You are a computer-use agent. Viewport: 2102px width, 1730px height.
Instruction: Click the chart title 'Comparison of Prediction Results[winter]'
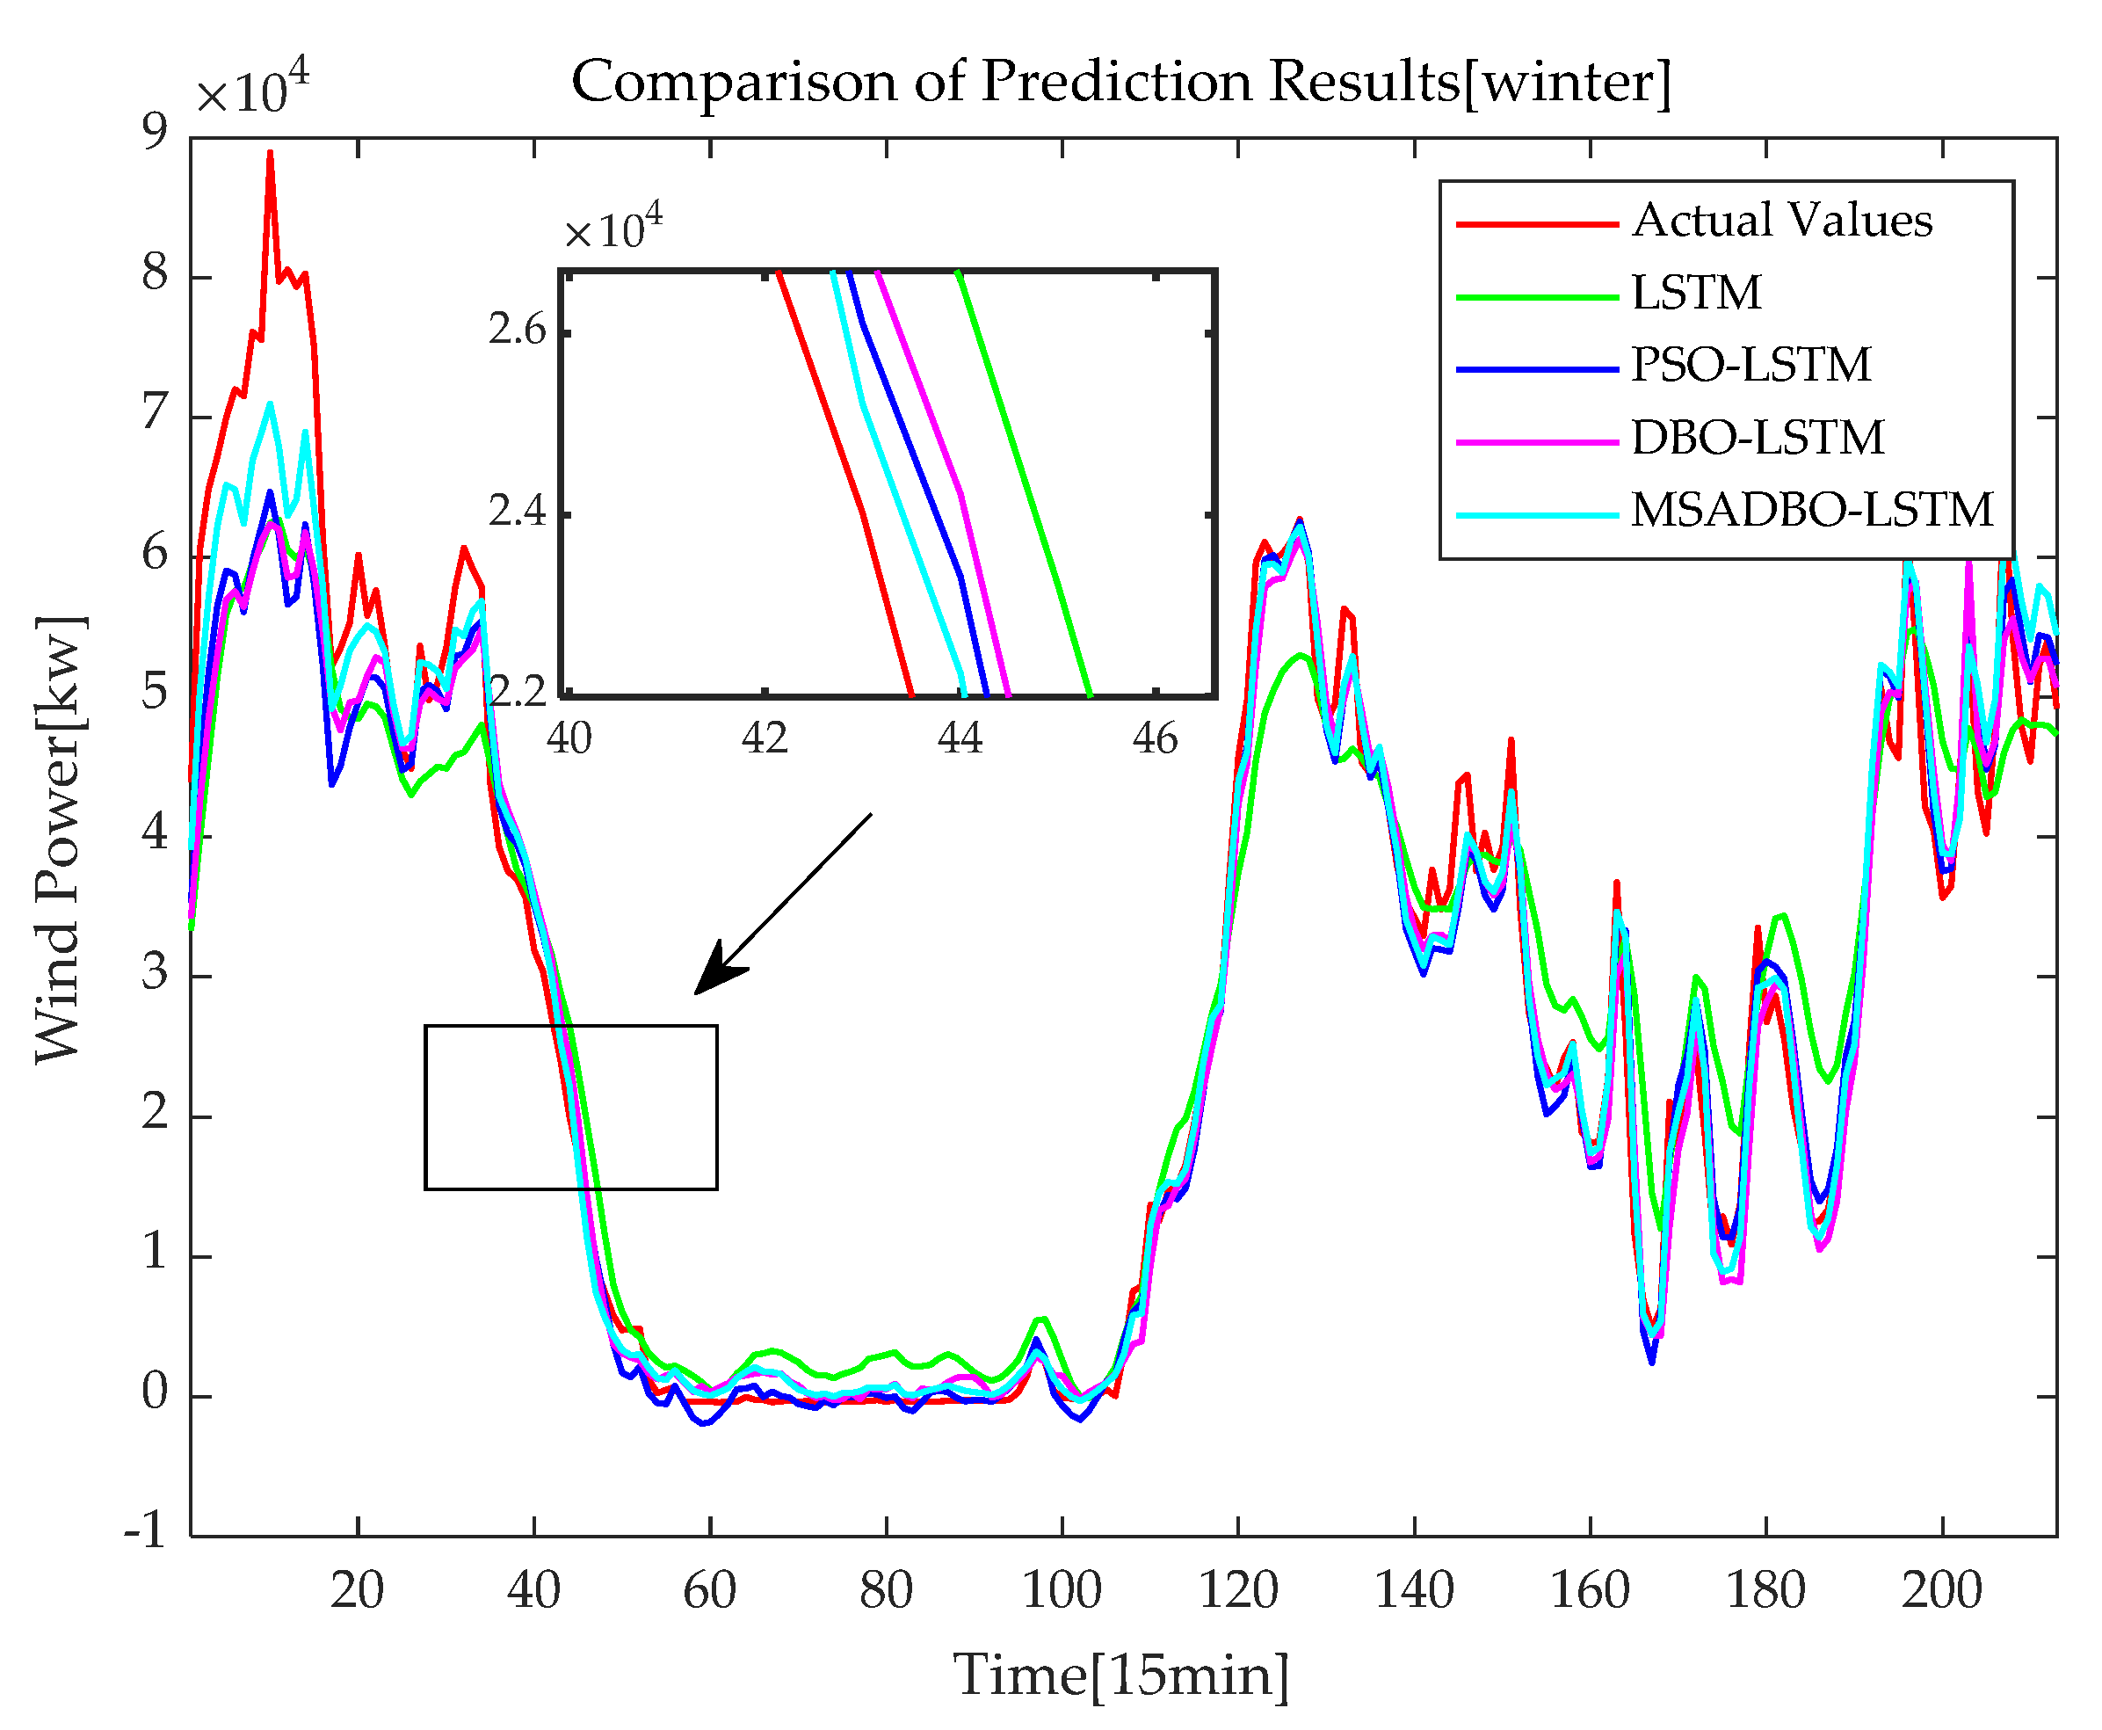(x=1120, y=82)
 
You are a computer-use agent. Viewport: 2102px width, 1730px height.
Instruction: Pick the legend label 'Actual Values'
(x=1781, y=222)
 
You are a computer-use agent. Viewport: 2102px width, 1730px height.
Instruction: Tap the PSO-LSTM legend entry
(x=1750, y=366)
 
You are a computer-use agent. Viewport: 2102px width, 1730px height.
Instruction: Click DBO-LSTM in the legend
(x=1758, y=439)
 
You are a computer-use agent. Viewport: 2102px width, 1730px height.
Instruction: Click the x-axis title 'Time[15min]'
(x=1120, y=1675)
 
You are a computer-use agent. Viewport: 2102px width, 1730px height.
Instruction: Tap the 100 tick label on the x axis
(x=1062, y=1590)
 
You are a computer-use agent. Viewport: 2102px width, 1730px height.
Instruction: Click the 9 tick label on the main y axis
(x=156, y=133)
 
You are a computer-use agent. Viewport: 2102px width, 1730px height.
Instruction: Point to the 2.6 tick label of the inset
(x=517, y=330)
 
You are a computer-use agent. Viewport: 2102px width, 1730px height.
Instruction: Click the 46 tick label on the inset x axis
(x=1155, y=739)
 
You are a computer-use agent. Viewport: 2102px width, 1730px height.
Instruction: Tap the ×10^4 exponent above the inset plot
(x=612, y=227)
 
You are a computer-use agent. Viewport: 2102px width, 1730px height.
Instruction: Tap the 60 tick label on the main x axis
(x=709, y=1590)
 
